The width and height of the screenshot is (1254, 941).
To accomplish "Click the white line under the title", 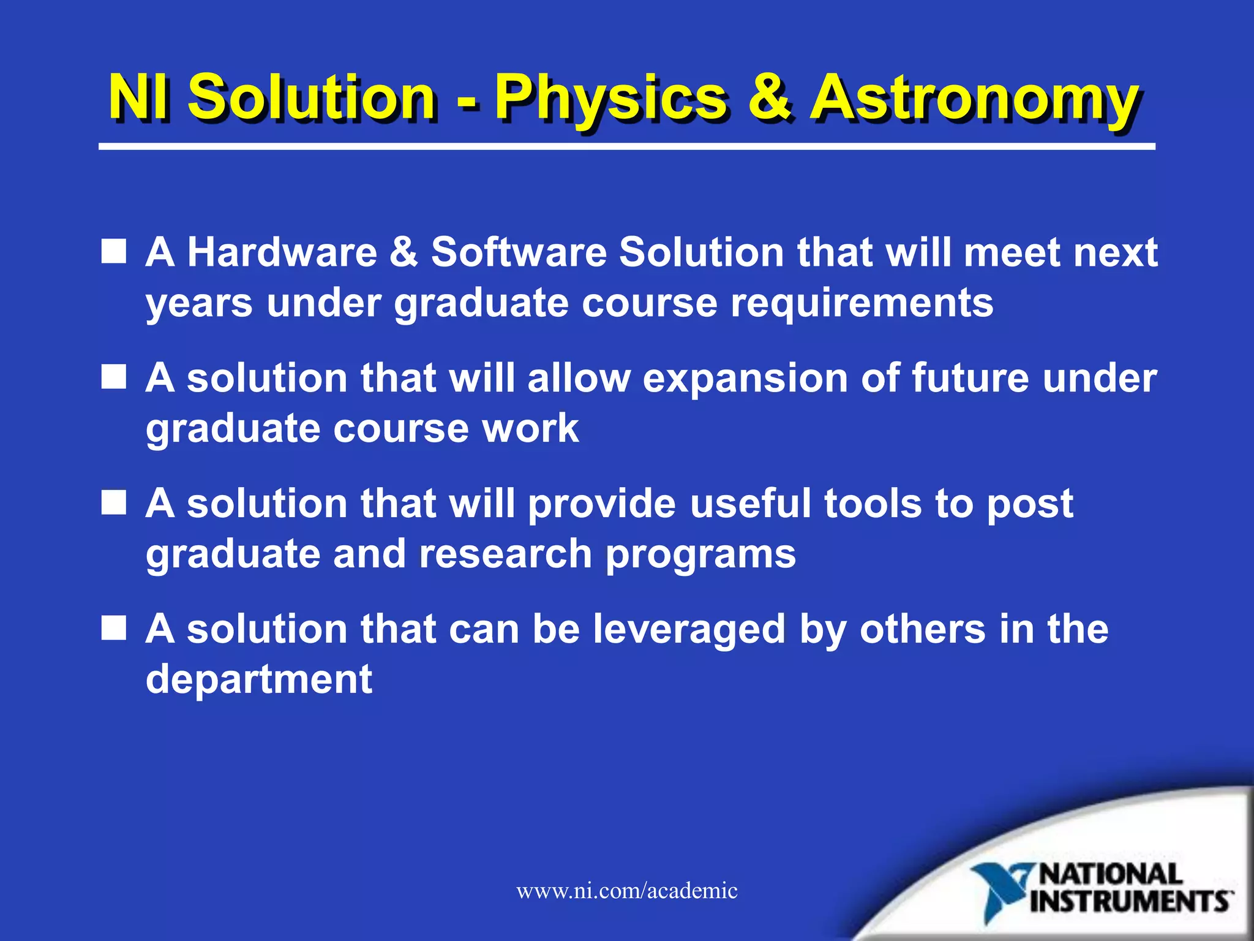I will coord(627,147).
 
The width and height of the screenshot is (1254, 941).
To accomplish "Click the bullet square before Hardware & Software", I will coord(114,252).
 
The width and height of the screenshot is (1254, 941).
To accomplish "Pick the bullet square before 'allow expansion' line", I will coord(114,377).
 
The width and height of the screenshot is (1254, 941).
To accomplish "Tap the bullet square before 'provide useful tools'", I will coord(114,503).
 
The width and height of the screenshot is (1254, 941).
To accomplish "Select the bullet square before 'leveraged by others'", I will coord(114,629).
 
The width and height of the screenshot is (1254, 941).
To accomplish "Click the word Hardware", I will coord(282,252).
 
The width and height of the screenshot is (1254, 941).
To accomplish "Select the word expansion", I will coord(744,379).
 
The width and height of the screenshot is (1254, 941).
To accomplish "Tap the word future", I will coord(971,377).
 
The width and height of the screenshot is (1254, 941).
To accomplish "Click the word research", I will coord(505,554).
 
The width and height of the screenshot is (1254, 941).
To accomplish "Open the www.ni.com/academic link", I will coord(627,891).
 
